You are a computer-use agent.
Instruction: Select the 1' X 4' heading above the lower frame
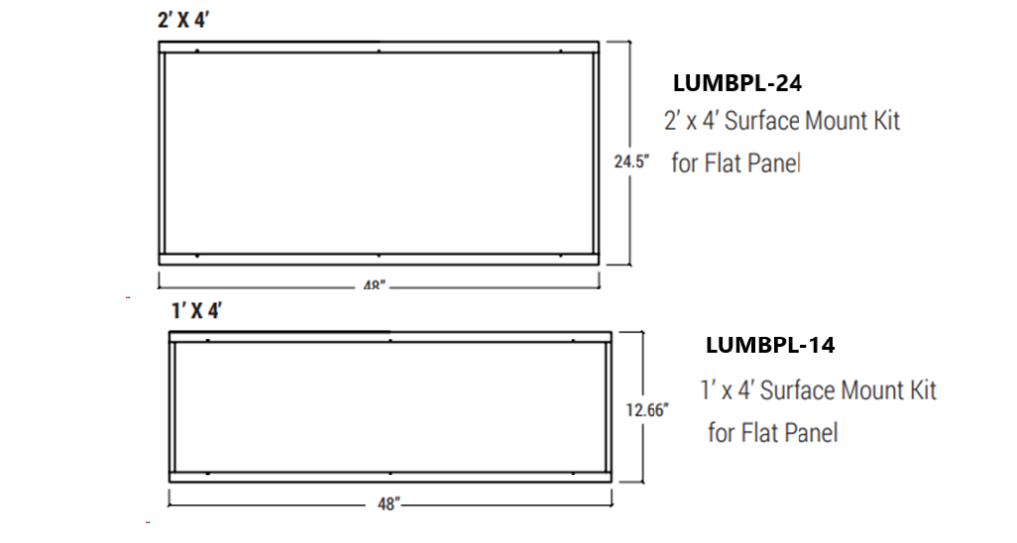[x=196, y=311]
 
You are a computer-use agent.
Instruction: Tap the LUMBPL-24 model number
[x=737, y=83]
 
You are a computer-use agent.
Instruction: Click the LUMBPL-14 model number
[x=770, y=345]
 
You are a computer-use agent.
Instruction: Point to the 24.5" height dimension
[x=630, y=161]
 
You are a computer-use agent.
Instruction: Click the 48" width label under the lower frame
[x=387, y=504]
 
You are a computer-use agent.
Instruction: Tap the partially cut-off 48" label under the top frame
[x=375, y=285]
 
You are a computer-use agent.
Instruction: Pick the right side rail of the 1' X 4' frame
[x=608, y=406]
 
